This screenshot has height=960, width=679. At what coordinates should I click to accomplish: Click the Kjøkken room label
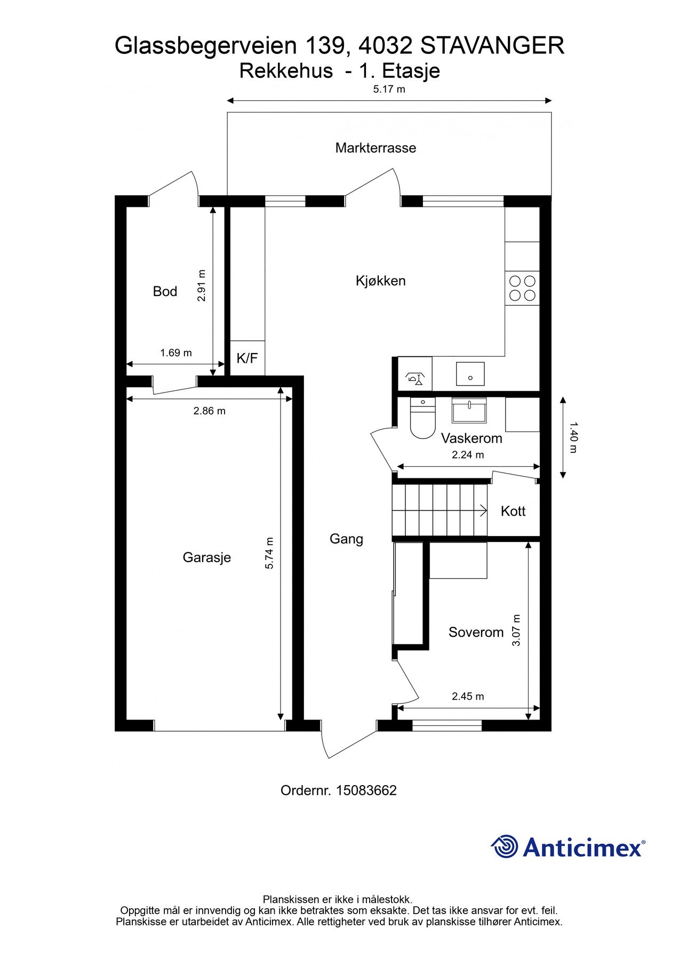[x=380, y=281]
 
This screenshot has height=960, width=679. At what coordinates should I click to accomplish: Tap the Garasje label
[x=206, y=557]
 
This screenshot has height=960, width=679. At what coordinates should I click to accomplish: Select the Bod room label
[x=165, y=291]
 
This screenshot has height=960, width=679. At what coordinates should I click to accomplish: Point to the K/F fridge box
[x=247, y=358]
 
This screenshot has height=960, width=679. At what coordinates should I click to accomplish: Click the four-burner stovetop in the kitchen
[x=522, y=288]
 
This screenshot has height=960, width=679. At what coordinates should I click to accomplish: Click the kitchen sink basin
[x=470, y=373]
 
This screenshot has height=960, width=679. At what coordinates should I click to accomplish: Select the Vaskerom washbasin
[x=469, y=410]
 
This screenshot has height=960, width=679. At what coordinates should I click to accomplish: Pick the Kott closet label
[x=513, y=511]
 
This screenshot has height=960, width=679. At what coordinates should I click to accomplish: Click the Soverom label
[x=476, y=632]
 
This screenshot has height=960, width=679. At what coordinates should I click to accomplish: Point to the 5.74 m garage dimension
[x=269, y=553]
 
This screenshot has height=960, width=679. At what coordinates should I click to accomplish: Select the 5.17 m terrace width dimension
[x=389, y=89]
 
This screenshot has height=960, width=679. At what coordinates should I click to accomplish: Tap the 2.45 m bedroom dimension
[x=468, y=696]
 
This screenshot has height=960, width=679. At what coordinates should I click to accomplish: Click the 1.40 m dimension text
[x=573, y=438]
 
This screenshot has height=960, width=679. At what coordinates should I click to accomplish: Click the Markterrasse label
[x=376, y=148]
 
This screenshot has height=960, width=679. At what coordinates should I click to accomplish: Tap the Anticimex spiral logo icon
[x=505, y=846]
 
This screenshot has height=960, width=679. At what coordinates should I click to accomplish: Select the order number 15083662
[x=366, y=790]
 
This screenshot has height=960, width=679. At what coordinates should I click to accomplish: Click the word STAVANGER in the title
[x=492, y=46]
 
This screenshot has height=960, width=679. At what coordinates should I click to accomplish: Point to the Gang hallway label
[x=346, y=539]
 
